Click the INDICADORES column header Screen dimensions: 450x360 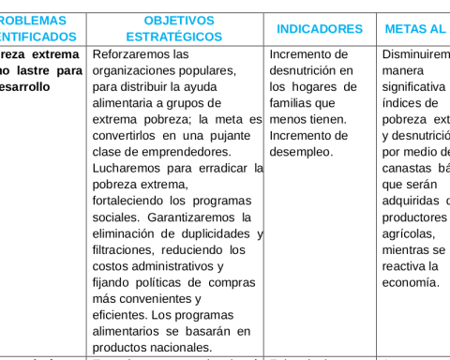pyautogui.click(x=319, y=29)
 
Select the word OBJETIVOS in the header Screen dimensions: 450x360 pyautogui.click(x=179, y=20)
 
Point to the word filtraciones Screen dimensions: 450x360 pyautogui.click(x=128, y=250)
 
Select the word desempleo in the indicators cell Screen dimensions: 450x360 pyautogui.click(x=302, y=152)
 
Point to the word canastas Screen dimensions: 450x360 pyautogui.click(x=409, y=168)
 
